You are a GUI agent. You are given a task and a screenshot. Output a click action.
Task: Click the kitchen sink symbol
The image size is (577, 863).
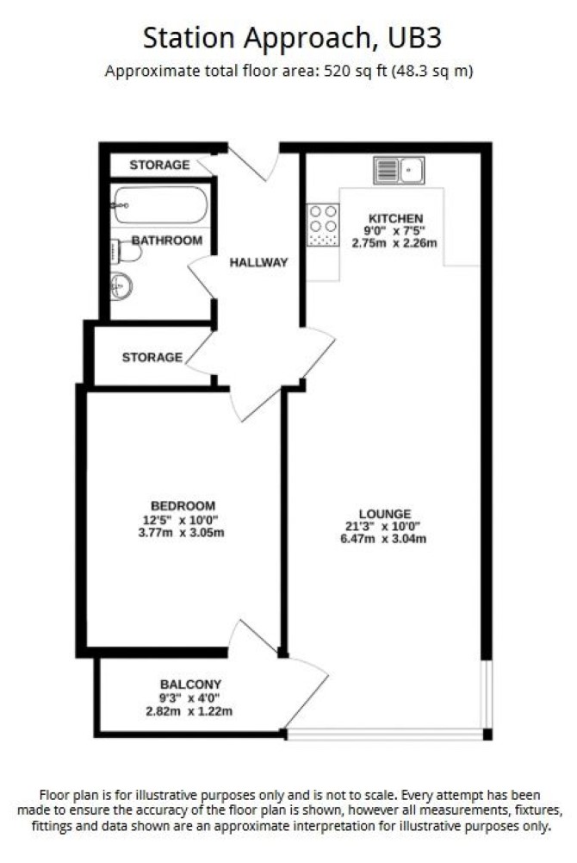(399, 170)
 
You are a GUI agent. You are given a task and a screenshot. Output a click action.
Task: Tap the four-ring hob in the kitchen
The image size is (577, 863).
(323, 224)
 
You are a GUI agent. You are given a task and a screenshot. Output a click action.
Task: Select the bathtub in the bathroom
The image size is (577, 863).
(160, 204)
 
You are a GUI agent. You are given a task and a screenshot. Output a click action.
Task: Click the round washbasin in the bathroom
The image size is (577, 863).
(121, 286)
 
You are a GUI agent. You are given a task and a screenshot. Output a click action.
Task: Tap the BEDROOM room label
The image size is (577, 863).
(183, 506)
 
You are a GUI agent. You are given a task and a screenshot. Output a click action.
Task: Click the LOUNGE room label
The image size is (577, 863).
(385, 514)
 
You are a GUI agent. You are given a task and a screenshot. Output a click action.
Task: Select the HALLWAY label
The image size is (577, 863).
(259, 263)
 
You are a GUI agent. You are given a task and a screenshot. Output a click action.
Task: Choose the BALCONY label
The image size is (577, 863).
(190, 685)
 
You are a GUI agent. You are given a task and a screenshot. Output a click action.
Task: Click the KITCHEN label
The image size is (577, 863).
(395, 218)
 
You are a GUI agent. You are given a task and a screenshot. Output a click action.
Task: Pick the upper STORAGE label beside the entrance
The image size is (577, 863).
(159, 165)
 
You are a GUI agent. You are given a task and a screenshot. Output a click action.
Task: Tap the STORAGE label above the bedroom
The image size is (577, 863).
(152, 357)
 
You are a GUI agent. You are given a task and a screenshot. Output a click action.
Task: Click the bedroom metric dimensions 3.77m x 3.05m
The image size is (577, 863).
(182, 533)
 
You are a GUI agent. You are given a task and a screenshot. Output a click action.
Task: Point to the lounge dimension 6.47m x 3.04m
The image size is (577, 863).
(383, 539)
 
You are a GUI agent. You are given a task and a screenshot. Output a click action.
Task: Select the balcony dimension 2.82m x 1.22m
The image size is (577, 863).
(189, 711)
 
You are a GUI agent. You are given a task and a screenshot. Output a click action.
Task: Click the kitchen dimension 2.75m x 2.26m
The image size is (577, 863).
(394, 243)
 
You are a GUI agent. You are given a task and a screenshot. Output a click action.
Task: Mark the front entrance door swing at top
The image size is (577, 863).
(254, 164)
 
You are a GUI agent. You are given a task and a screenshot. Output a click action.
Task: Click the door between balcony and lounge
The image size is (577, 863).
(306, 693)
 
